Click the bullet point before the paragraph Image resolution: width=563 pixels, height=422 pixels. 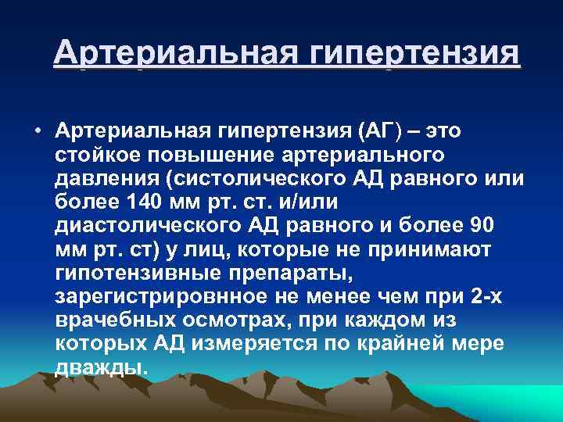click(x=38, y=128)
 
